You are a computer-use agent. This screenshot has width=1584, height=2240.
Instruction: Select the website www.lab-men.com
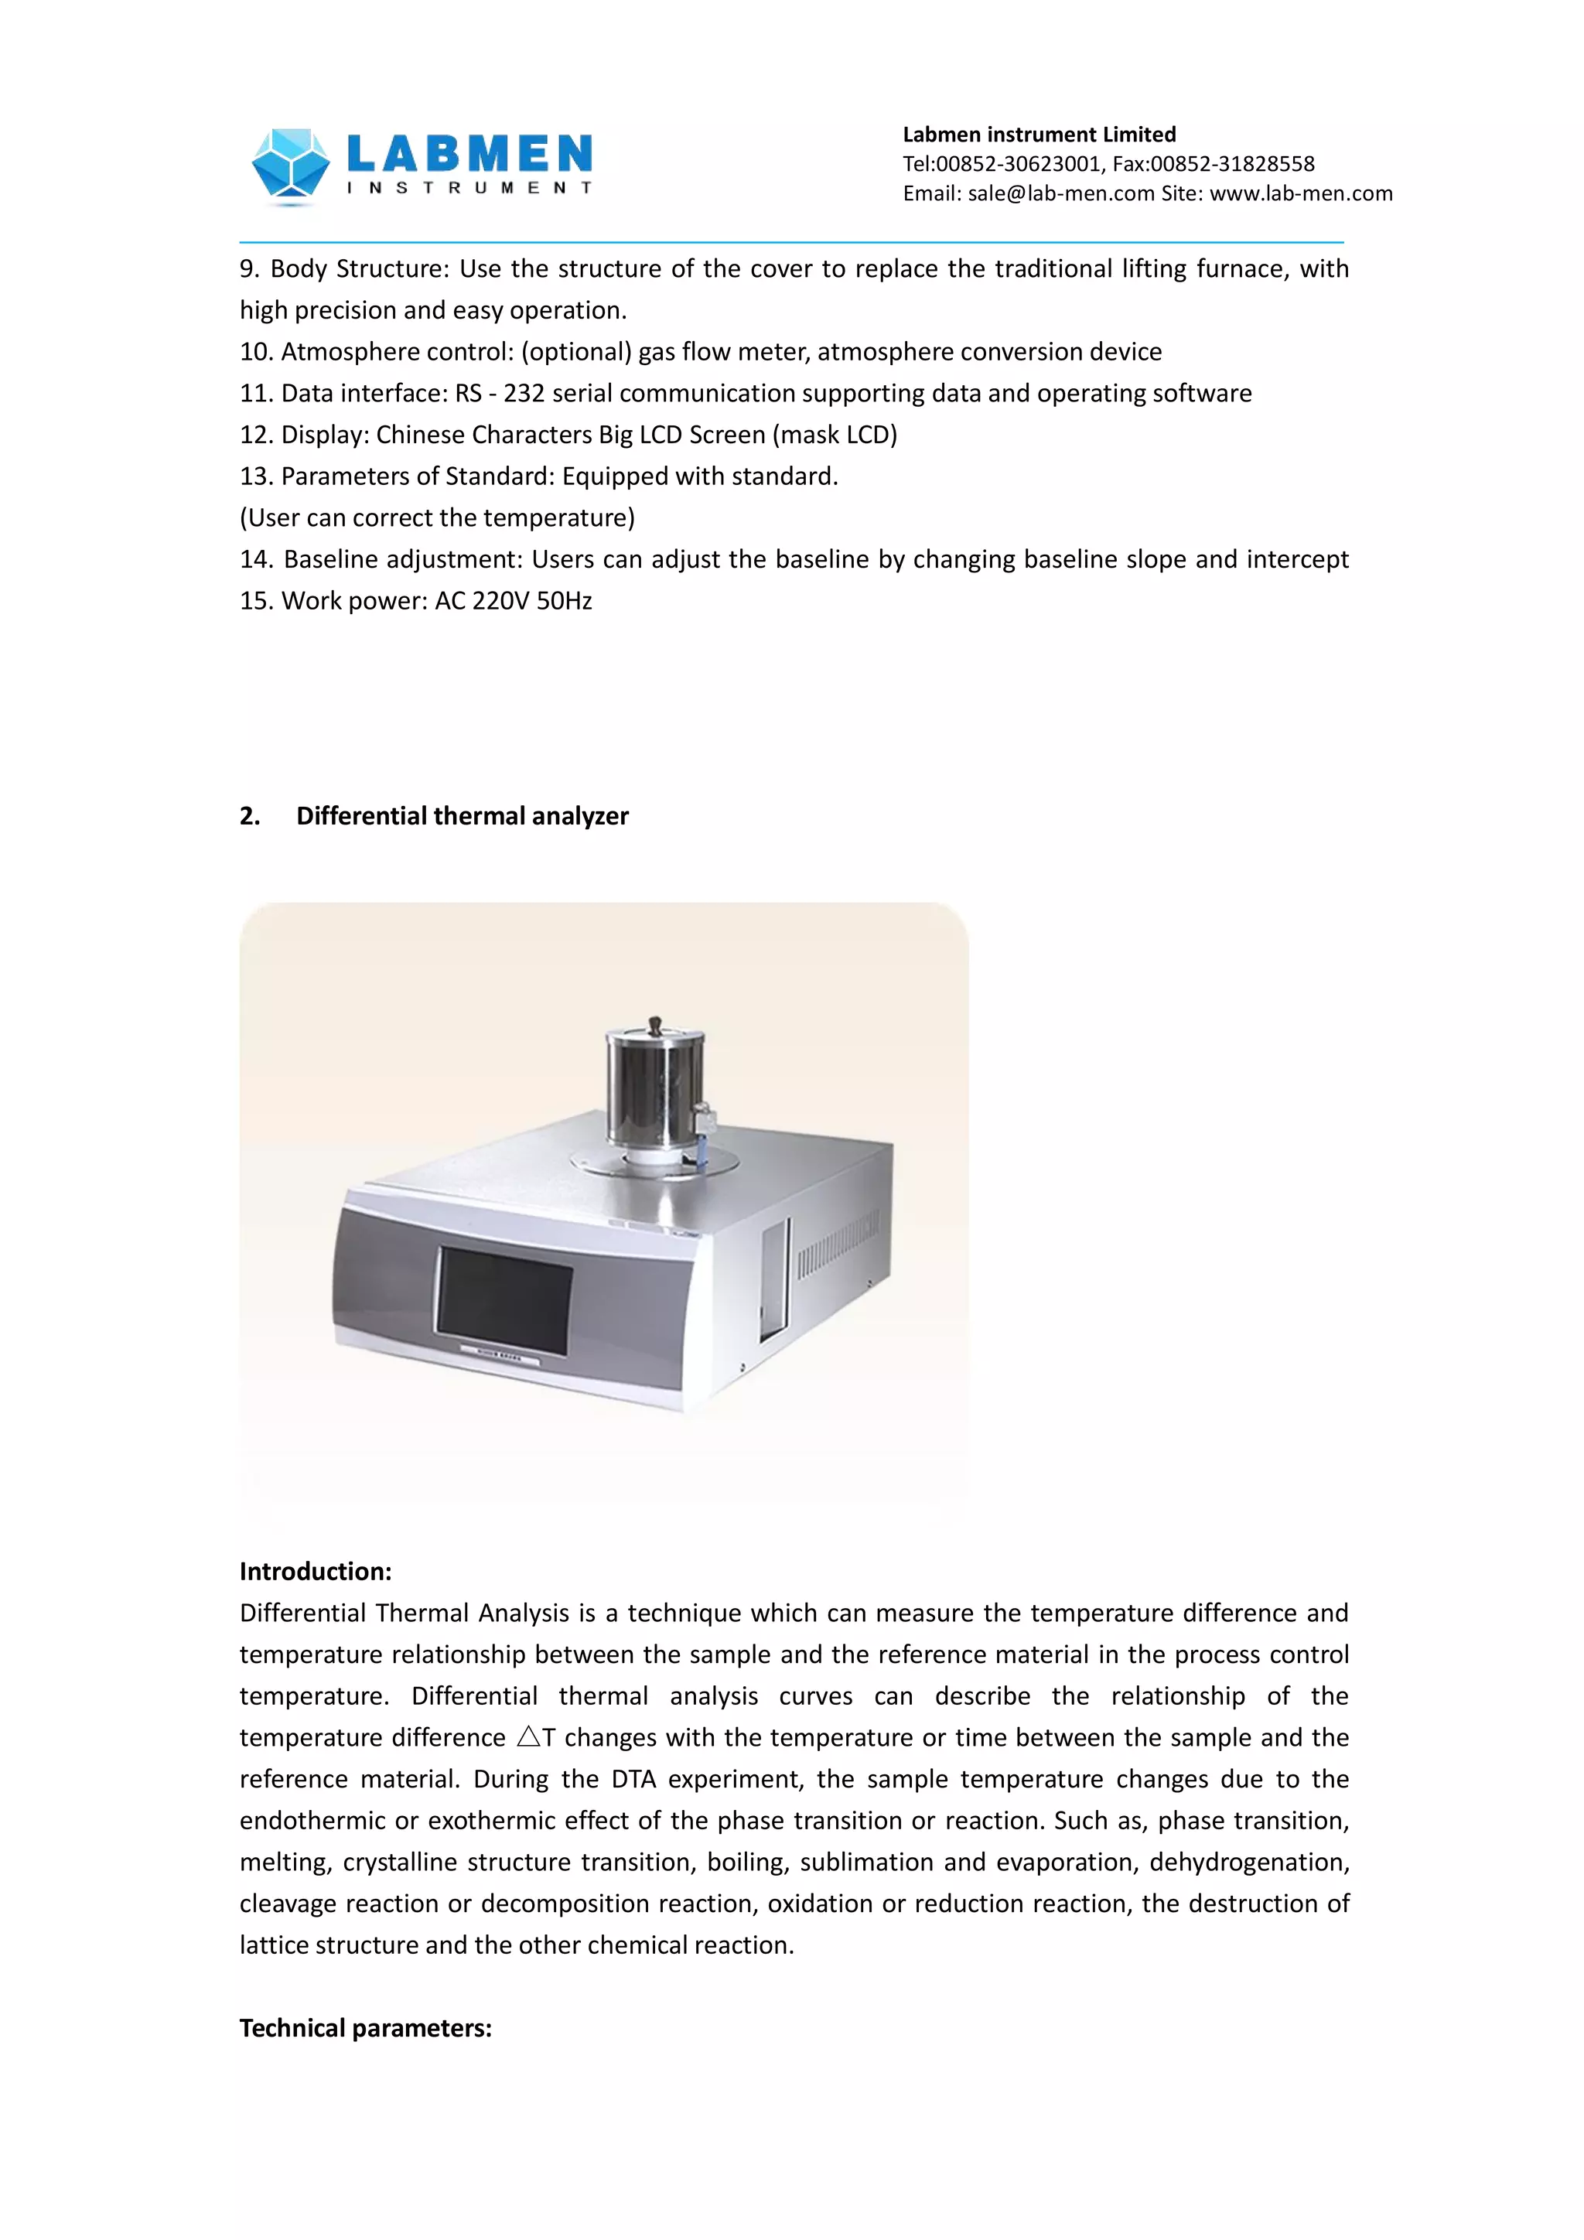click(x=1301, y=193)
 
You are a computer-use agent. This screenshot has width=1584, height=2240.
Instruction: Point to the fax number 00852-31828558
click(x=1232, y=164)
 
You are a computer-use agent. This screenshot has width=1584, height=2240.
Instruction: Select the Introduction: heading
click(x=315, y=1571)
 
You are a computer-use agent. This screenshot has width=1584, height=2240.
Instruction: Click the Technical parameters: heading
click(x=366, y=2027)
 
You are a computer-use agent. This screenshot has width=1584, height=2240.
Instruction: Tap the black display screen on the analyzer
click(x=504, y=1299)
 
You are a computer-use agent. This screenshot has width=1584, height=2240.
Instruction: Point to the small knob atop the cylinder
click(x=654, y=1023)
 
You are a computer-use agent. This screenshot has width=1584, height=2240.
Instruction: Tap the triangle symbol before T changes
click(x=527, y=1736)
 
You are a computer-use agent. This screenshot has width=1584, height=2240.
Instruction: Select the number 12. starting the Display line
click(x=257, y=435)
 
